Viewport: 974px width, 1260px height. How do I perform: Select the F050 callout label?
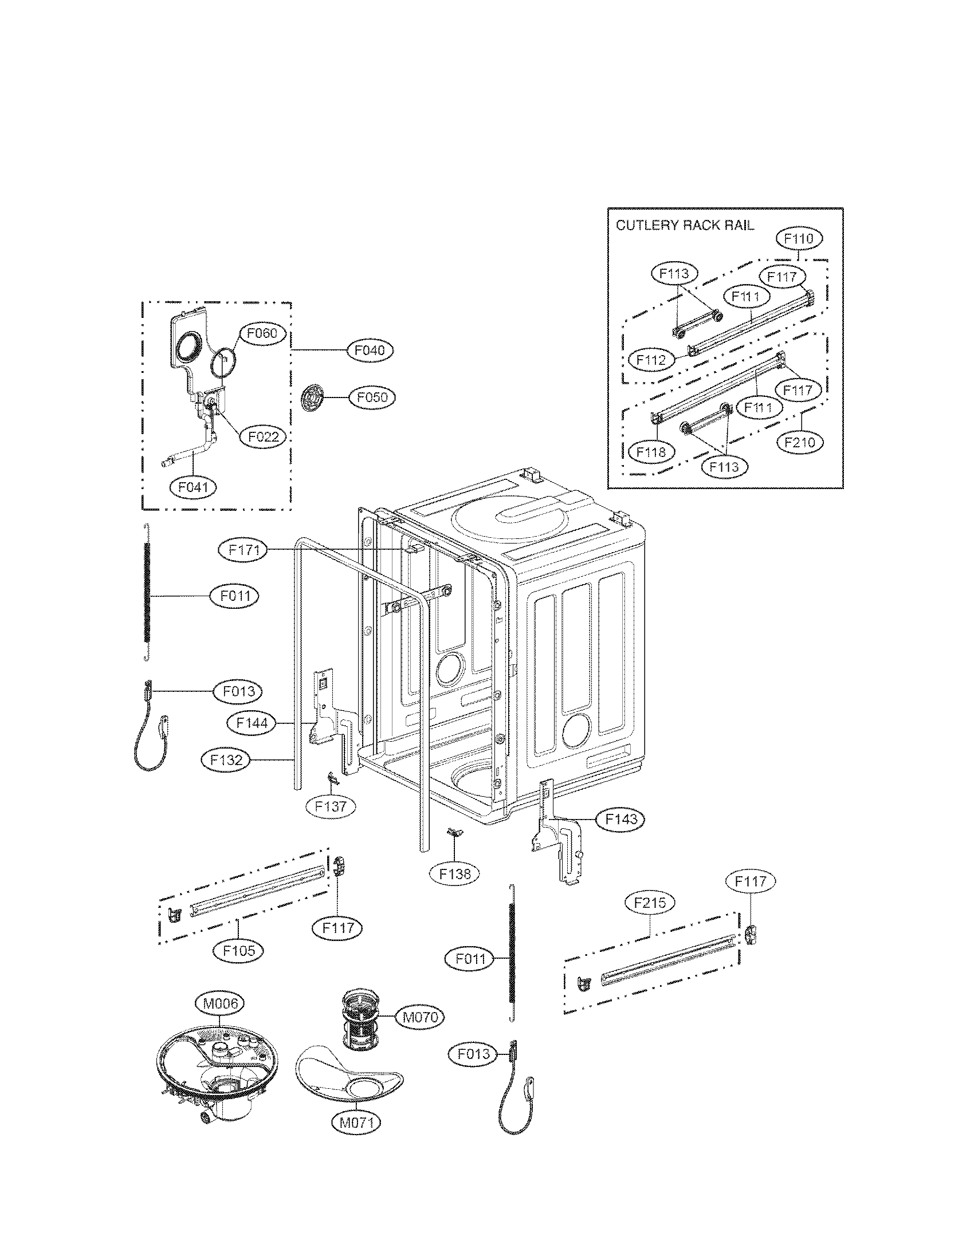373,397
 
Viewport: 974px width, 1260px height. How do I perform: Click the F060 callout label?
262,333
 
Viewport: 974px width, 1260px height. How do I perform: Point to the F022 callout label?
263,437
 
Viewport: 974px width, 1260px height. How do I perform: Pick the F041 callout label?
193,487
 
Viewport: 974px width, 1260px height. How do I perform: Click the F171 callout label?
243,550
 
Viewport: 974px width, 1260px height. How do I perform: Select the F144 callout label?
252,723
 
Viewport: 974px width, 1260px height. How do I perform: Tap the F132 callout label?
226,761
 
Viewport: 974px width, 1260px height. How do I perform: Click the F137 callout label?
331,806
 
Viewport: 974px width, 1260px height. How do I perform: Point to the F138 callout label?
455,874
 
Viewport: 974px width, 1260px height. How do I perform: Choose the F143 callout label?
620,818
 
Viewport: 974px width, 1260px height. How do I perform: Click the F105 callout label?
238,950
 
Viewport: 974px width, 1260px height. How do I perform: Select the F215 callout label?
650,902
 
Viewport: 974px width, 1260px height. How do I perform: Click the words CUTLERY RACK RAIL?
684,225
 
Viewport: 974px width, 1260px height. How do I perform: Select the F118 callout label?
651,452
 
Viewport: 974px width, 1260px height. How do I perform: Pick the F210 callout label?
800,442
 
